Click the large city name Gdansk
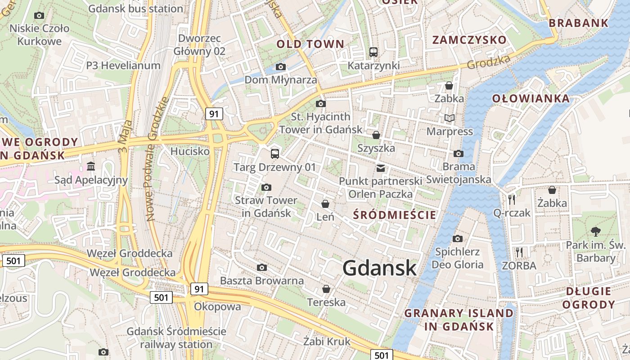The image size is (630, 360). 379,268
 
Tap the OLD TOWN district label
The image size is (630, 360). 310,44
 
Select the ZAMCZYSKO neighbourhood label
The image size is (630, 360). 469,40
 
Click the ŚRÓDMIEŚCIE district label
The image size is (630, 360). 395,215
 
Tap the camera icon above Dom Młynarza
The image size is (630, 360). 280,67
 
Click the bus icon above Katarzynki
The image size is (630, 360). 373,52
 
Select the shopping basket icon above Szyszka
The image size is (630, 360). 376,135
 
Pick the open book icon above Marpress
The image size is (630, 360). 449,118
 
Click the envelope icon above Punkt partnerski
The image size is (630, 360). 381,168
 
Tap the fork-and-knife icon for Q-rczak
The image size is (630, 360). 512,199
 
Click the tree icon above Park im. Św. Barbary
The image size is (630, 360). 596,232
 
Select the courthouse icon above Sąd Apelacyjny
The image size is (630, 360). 91,166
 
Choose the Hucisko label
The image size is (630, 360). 190,151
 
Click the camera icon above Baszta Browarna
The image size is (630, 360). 262,268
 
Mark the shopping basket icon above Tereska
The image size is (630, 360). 326,289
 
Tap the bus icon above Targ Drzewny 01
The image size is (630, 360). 275,154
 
